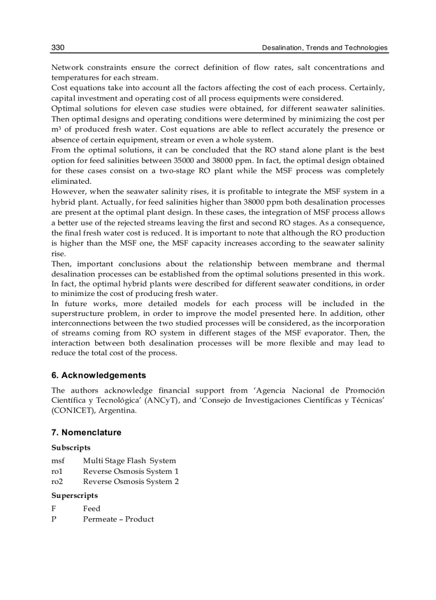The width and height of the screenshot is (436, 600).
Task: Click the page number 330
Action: point(58,48)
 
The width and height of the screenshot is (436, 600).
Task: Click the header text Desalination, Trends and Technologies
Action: point(324,48)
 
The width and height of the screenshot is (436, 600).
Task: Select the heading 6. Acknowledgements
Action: point(98,376)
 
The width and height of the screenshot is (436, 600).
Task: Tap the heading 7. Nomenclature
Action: point(86,433)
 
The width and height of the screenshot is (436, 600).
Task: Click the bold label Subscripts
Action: point(71,448)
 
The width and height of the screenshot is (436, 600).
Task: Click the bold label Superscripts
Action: point(74,496)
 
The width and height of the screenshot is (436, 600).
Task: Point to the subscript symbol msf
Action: point(58,461)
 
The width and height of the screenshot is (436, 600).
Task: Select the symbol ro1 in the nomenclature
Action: point(57,471)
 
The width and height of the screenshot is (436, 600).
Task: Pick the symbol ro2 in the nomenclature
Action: point(57,481)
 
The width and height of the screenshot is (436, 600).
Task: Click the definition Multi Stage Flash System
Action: point(129,461)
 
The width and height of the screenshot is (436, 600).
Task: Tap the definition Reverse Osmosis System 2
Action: point(131,481)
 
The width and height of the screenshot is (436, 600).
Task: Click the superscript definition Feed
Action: point(91,509)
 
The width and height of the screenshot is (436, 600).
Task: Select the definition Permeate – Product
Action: point(118,519)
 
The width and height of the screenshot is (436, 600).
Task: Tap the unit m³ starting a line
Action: point(55,130)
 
